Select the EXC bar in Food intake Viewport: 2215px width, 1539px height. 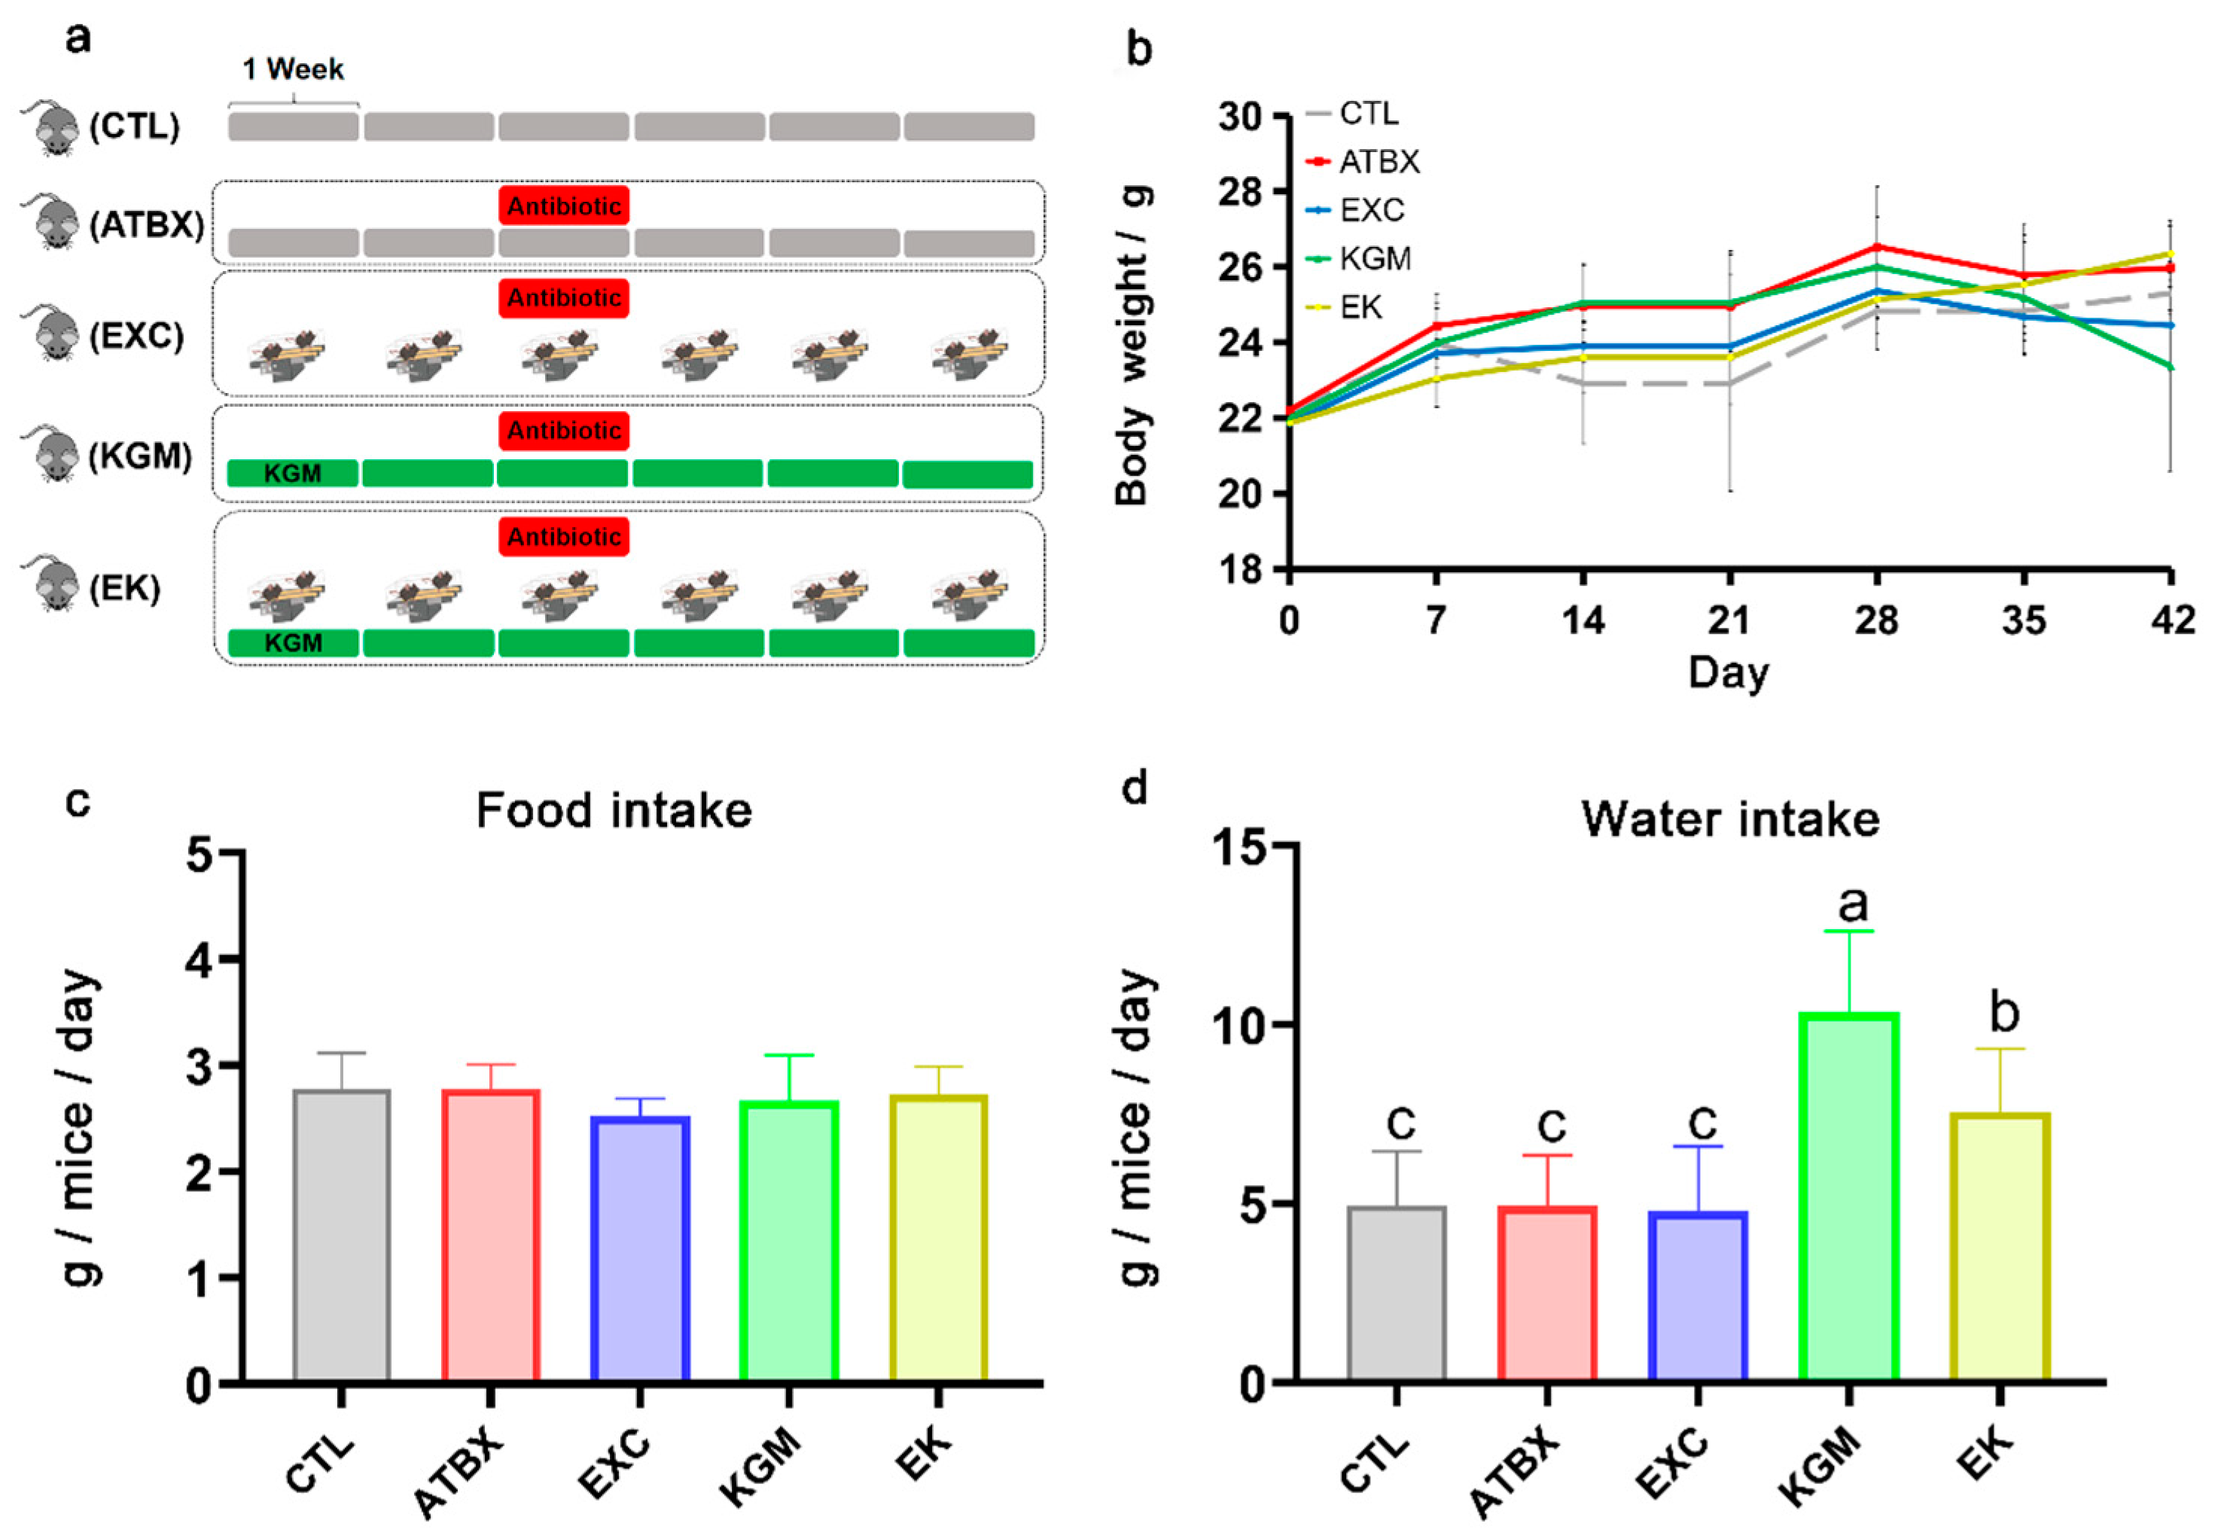[640, 1249]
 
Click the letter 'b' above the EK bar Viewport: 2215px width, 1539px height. [2003, 1013]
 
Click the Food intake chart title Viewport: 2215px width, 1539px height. [614, 811]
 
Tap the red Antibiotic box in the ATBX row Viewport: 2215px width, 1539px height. [564, 206]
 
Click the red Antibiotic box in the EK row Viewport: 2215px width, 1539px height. [564, 537]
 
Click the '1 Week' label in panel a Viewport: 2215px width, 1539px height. [293, 69]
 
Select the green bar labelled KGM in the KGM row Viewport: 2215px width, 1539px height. [293, 474]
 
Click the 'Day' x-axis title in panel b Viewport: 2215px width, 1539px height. [1728, 672]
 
